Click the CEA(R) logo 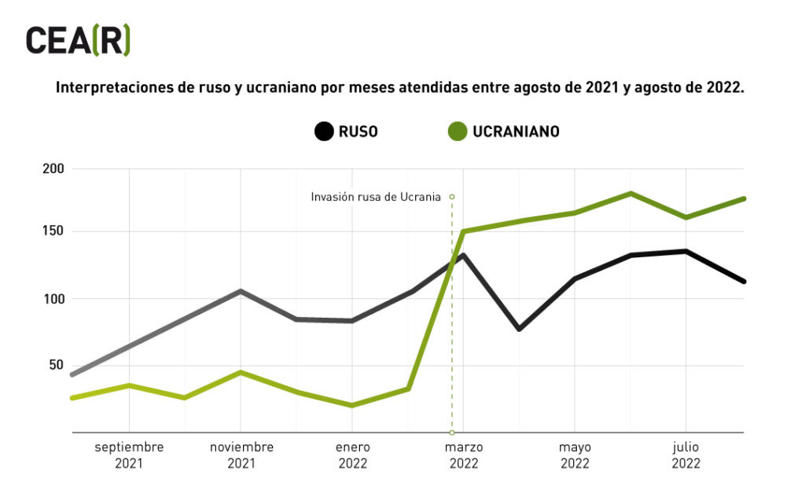coord(77,40)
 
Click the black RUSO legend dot coord(323,131)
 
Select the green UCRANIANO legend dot coord(457,131)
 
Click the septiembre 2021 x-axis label coord(129,456)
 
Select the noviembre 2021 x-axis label coord(241,456)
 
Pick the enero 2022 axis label coord(353,456)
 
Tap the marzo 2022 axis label coord(464,456)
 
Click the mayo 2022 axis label coord(575,456)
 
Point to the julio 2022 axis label coord(686,456)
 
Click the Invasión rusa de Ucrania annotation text coord(376,197)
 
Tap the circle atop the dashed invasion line coord(452,197)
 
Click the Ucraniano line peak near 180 coord(630,194)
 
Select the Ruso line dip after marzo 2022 coord(519,329)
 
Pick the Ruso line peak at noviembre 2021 coord(241,291)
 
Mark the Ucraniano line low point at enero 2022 coord(352,405)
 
